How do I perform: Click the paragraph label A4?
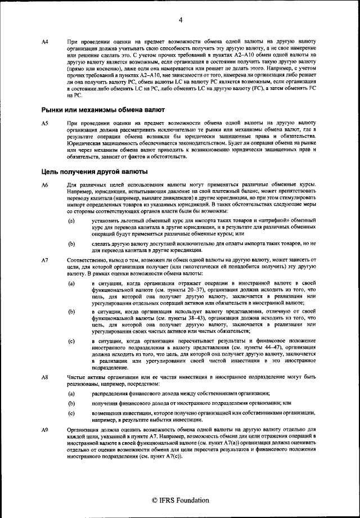(x=46, y=43)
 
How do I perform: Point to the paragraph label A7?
(x=46, y=260)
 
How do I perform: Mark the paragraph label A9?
(x=46, y=430)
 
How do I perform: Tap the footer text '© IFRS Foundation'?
(x=181, y=499)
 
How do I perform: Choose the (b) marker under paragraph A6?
(x=71, y=244)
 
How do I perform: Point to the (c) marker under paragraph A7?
(x=71, y=341)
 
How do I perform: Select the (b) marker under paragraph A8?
(x=71, y=403)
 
